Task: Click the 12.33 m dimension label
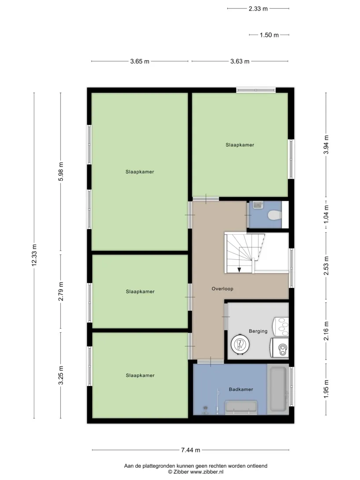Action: tap(34, 255)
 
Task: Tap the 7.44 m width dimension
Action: tap(190, 450)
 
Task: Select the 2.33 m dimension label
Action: tap(258, 9)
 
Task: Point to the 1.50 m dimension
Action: tap(269, 35)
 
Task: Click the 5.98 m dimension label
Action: tap(61, 171)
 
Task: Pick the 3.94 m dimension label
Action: tap(326, 145)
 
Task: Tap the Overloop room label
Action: tap(222, 289)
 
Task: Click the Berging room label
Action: tap(258, 331)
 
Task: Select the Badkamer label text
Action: tap(241, 389)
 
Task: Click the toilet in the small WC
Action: tap(274, 215)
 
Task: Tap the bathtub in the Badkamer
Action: tap(278, 389)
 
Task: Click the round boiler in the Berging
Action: tap(240, 344)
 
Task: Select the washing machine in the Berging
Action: tap(279, 348)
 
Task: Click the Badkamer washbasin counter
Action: tap(241, 407)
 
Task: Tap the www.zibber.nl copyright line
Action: tap(196, 472)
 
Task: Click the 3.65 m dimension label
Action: tap(140, 61)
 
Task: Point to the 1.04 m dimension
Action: tap(326, 213)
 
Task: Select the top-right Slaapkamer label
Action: tap(240, 145)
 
